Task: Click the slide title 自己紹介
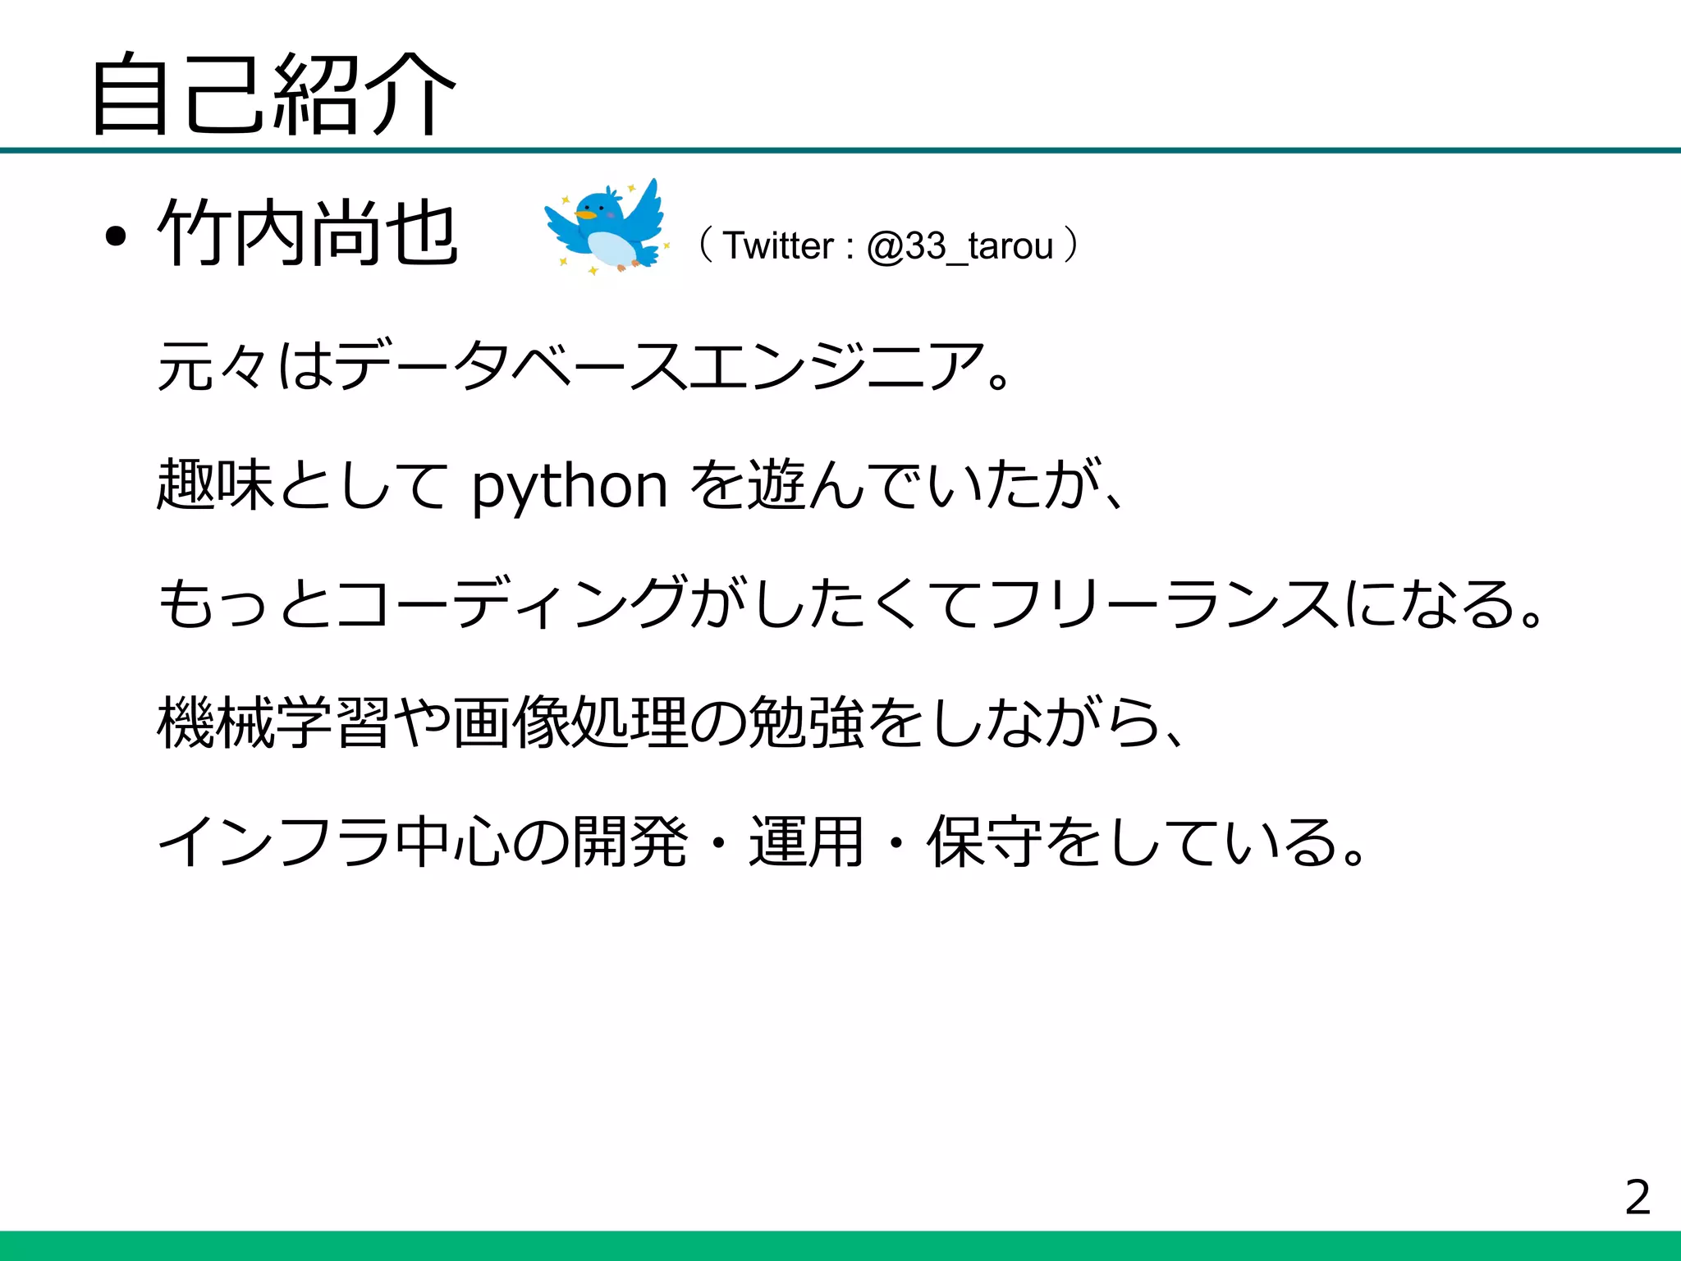point(273,94)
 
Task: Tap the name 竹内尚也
point(308,234)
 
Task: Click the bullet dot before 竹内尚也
point(116,237)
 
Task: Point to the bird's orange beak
point(584,215)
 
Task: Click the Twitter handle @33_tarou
point(960,246)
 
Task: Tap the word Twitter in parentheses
point(778,246)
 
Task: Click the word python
point(570,486)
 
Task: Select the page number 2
point(1637,1197)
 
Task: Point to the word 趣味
point(215,485)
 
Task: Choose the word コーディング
point(510,603)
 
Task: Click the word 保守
point(986,842)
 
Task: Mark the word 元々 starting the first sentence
point(213,366)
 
